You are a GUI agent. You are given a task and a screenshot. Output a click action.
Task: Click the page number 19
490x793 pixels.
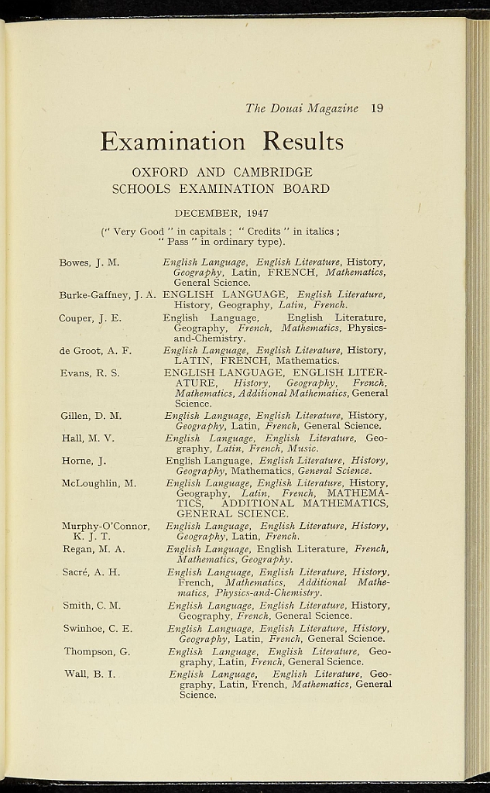[377, 108]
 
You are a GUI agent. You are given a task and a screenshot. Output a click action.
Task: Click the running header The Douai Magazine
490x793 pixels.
[302, 108]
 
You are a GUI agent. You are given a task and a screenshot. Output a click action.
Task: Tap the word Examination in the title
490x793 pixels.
[172, 142]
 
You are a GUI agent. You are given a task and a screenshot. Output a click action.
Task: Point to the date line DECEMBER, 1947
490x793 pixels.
[221, 213]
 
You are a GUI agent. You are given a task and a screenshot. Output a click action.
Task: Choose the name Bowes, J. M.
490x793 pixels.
[89, 263]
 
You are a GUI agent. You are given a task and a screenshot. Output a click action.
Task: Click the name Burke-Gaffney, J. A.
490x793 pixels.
[108, 295]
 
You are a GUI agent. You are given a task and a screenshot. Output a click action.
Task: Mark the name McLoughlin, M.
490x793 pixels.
[99, 483]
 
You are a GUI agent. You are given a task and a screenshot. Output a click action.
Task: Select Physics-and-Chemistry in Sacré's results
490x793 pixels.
[269, 593]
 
